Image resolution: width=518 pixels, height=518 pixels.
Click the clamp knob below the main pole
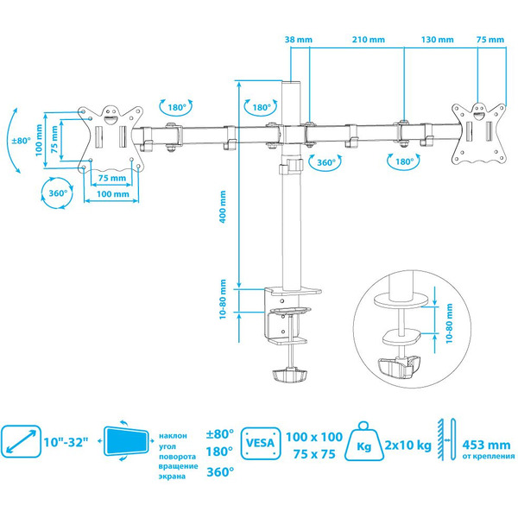pos(290,377)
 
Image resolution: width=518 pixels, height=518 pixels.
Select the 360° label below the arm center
pos(325,162)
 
